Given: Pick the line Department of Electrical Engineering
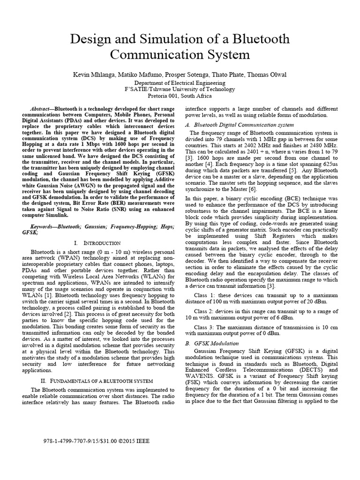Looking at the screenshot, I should point(180,82).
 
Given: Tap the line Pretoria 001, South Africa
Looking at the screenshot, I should point(180,96).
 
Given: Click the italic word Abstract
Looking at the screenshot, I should point(41,108).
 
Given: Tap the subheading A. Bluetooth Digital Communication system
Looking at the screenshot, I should point(240,125).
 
